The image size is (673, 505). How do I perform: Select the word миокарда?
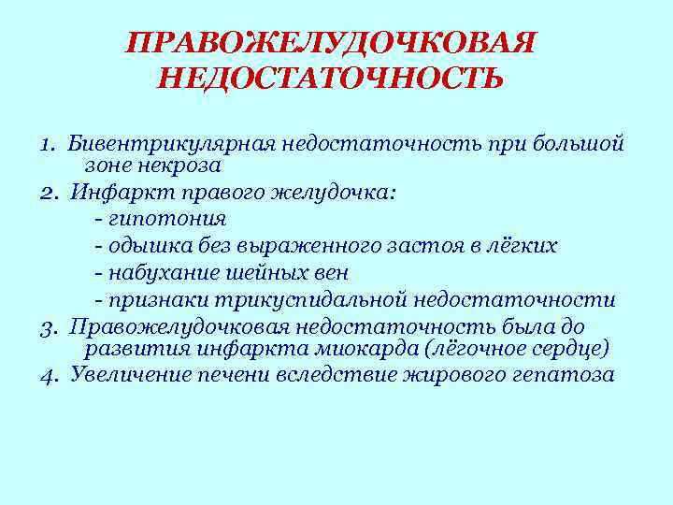click(x=365, y=348)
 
